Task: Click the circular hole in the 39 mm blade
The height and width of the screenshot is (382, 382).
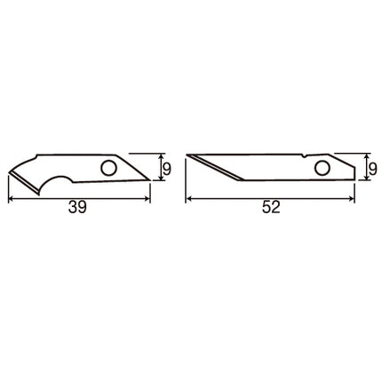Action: coord(108,168)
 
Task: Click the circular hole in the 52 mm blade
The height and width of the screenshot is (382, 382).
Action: coord(322,168)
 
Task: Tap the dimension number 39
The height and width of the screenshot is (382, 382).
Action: coord(77,207)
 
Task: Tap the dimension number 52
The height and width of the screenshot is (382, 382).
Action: coord(271,207)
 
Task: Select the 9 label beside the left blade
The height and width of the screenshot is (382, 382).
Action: coord(167,170)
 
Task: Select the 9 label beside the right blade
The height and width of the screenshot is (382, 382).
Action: coord(373,170)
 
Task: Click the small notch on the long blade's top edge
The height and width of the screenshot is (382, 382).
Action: coord(305,155)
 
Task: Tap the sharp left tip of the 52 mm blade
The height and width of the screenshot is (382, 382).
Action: coord(187,155)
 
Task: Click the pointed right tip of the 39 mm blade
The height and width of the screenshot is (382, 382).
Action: coord(150,179)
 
